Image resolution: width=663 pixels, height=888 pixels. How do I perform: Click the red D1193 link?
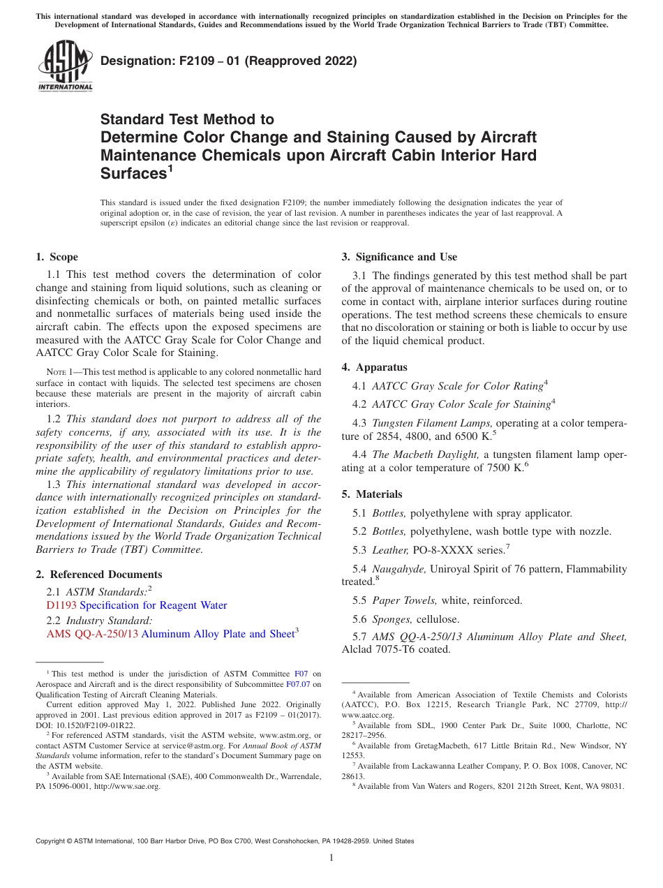[x=61, y=605]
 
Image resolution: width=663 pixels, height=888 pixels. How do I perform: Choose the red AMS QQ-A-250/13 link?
[x=92, y=634]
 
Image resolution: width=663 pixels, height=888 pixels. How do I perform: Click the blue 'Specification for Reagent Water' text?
[x=154, y=605]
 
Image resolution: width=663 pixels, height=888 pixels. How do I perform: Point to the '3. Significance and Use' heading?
[x=399, y=257]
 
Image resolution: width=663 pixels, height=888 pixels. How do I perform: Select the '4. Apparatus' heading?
[x=374, y=367]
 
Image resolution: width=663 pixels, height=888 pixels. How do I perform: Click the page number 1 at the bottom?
[x=331, y=857]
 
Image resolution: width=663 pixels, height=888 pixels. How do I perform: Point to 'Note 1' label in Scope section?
[x=51, y=373]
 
